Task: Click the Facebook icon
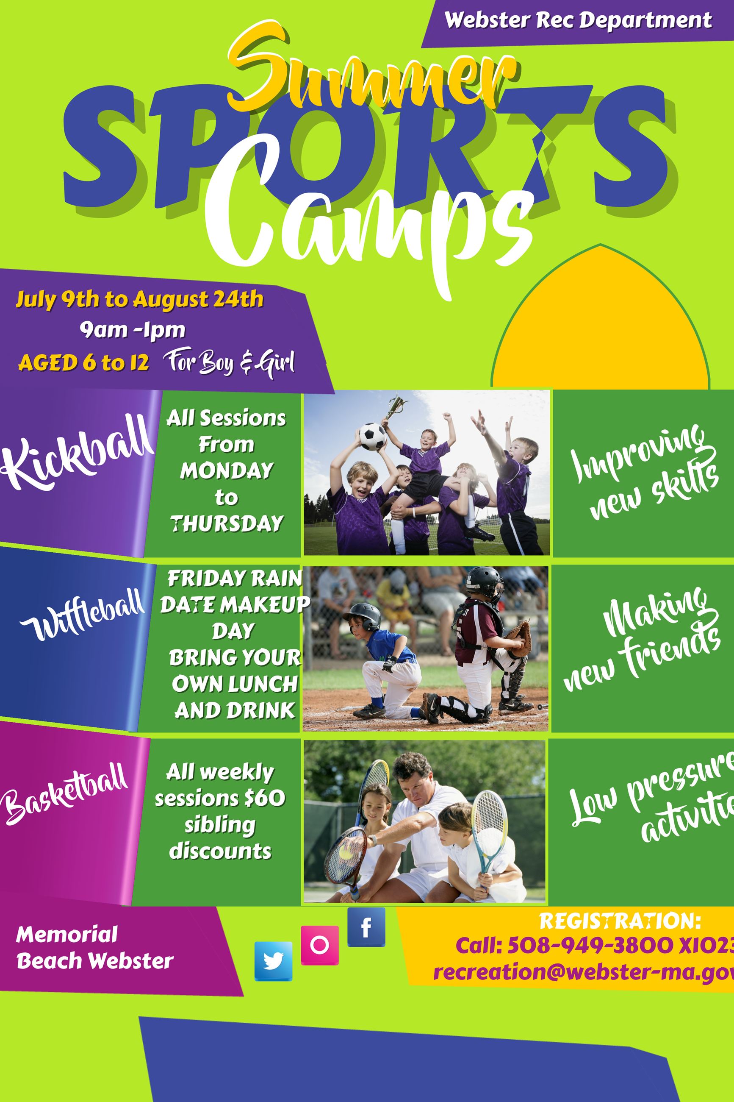[366, 927]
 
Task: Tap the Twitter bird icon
[273, 961]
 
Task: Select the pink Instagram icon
[319, 945]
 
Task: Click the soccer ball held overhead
[373, 437]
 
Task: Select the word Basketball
[66, 790]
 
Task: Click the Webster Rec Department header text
[578, 21]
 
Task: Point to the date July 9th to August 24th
[139, 299]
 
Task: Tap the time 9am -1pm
[133, 330]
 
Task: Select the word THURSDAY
[227, 523]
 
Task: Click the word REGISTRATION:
[620, 921]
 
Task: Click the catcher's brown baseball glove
[520, 638]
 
